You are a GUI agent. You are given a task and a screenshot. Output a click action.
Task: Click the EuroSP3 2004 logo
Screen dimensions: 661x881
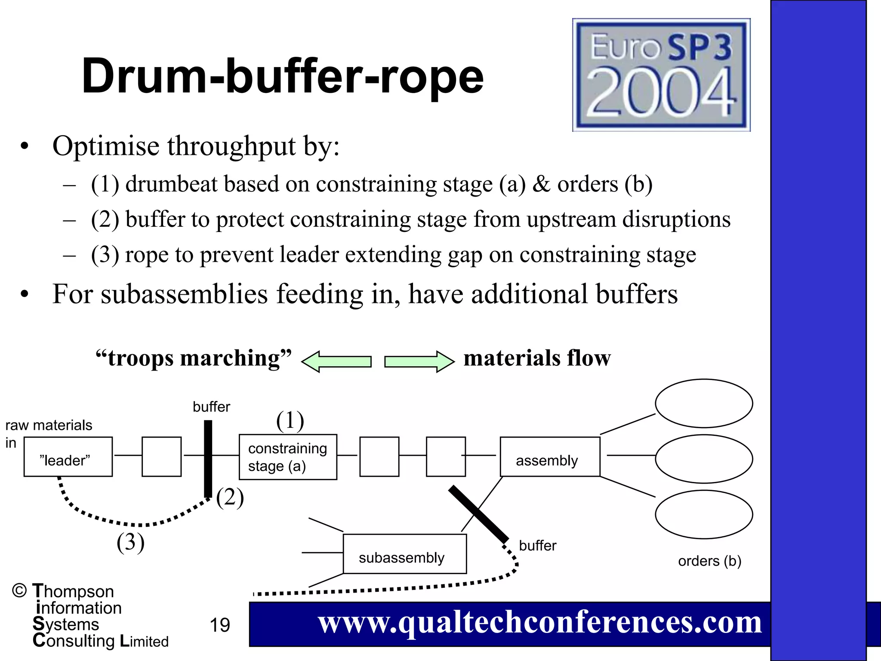661,74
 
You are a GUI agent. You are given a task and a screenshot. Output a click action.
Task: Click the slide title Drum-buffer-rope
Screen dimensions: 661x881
283,77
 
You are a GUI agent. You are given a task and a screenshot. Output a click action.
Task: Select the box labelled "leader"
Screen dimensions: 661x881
68,457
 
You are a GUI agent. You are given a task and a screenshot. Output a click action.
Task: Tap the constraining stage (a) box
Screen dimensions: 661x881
288,457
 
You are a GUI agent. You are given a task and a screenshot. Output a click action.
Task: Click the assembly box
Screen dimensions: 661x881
550,457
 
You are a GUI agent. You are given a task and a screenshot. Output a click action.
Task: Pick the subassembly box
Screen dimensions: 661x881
404,554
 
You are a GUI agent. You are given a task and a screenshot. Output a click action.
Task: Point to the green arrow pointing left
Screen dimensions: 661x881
336,361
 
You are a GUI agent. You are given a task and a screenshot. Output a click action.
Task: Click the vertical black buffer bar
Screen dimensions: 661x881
208,458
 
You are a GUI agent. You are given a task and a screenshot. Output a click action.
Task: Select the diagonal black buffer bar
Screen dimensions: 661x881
478,514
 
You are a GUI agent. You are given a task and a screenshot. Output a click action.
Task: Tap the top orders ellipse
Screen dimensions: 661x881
704,403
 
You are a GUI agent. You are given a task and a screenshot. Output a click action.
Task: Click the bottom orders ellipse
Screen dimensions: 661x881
704,514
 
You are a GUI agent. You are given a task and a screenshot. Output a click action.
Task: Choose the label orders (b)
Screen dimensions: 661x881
709,561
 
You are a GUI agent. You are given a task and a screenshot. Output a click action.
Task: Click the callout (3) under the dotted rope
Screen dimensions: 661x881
130,542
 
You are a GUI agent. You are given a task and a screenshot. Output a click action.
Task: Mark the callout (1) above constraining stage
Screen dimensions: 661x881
290,420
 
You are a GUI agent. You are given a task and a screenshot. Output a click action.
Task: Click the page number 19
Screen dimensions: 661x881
220,625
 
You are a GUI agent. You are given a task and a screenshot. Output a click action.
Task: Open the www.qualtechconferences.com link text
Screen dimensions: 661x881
539,622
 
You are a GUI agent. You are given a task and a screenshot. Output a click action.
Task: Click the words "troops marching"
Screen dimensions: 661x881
194,358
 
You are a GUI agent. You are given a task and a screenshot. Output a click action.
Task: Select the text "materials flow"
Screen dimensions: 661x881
537,358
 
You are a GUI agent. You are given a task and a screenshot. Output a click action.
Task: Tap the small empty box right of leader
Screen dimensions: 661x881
161,457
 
